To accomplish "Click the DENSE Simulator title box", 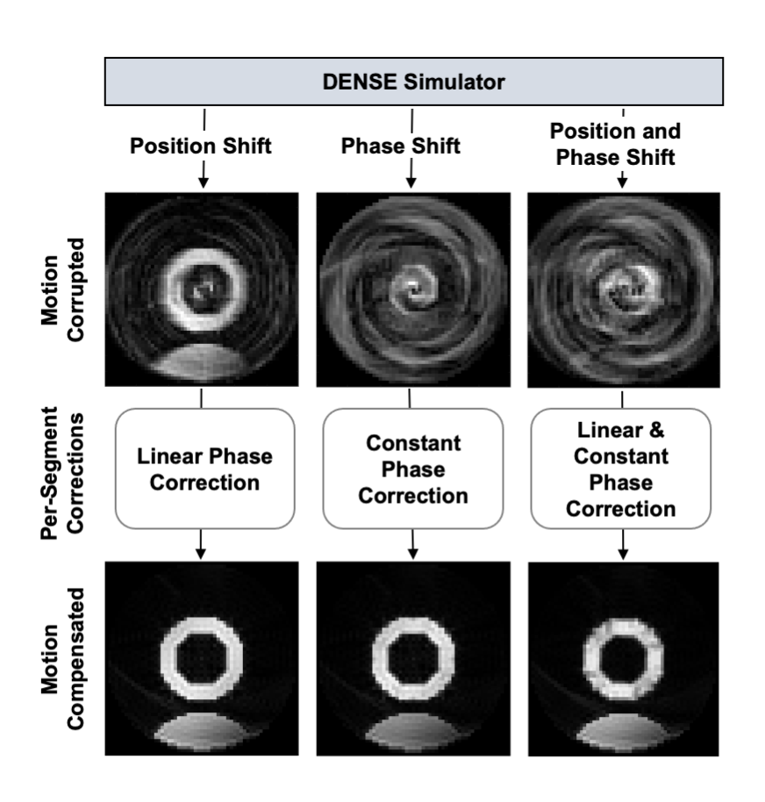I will point(413,82).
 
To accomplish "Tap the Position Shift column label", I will point(201,146).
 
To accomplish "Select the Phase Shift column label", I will point(400,146).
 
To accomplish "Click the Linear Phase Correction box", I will point(204,469).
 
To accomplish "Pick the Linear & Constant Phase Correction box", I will point(622,469).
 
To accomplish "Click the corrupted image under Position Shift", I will point(202,290).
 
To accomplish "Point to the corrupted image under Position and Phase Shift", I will point(623,290).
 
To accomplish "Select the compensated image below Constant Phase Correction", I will point(412,658).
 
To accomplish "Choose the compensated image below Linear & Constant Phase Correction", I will point(623,658).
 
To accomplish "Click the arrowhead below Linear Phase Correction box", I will point(203,553).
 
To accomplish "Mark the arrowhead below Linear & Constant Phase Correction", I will point(623,553).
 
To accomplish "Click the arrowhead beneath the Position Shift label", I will point(204,182).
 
